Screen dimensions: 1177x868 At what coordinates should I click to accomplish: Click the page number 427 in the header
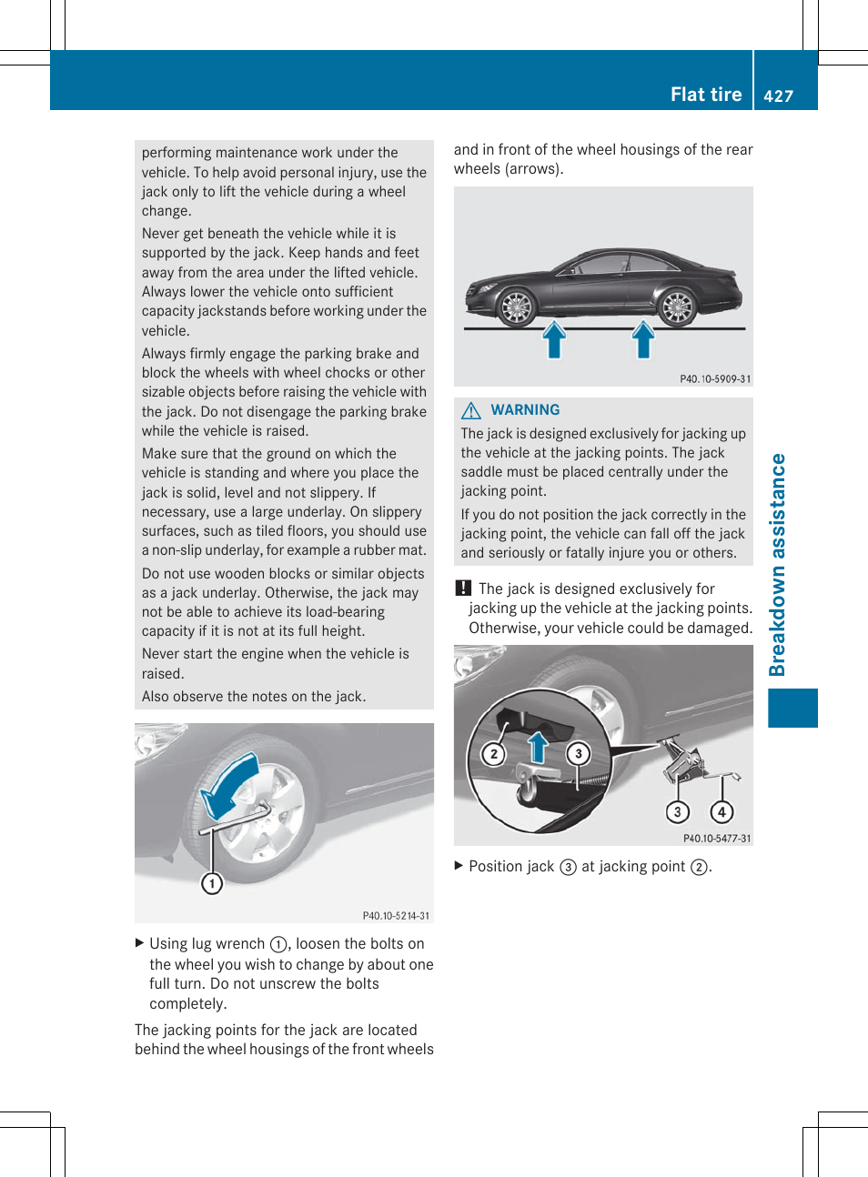(778, 96)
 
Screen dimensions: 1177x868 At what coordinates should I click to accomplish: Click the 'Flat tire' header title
(705, 95)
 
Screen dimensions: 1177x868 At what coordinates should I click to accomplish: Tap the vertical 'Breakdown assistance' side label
(777, 565)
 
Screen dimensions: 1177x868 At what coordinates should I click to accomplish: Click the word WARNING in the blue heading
(525, 410)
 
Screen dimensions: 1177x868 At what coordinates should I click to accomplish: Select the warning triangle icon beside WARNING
(471, 411)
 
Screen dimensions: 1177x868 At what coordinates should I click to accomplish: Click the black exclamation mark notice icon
(463, 588)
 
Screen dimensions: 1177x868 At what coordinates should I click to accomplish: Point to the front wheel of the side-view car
(517, 307)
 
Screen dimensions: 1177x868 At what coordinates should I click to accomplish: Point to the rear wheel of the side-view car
(677, 307)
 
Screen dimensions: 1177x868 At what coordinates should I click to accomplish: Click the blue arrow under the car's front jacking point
(554, 340)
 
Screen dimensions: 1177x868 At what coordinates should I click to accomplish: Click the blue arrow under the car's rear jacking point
(643, 340)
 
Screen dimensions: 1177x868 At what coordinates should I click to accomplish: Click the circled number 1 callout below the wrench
(212, 883)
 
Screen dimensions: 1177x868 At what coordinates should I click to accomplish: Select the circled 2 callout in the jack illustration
(493, 754)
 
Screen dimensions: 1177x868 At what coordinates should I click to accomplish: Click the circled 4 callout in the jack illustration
(722, 812)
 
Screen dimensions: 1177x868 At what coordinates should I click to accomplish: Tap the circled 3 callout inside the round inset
(578, 753)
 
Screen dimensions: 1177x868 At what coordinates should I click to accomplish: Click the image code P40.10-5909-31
(715, 379)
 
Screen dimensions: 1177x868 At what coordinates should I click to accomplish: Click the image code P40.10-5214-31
(396, 916)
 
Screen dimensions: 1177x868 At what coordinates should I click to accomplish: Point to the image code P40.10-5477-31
(717, 839)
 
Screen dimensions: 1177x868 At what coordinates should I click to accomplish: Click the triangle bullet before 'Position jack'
(459, 866)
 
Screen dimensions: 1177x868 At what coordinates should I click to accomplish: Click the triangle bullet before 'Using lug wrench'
(139, 943)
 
